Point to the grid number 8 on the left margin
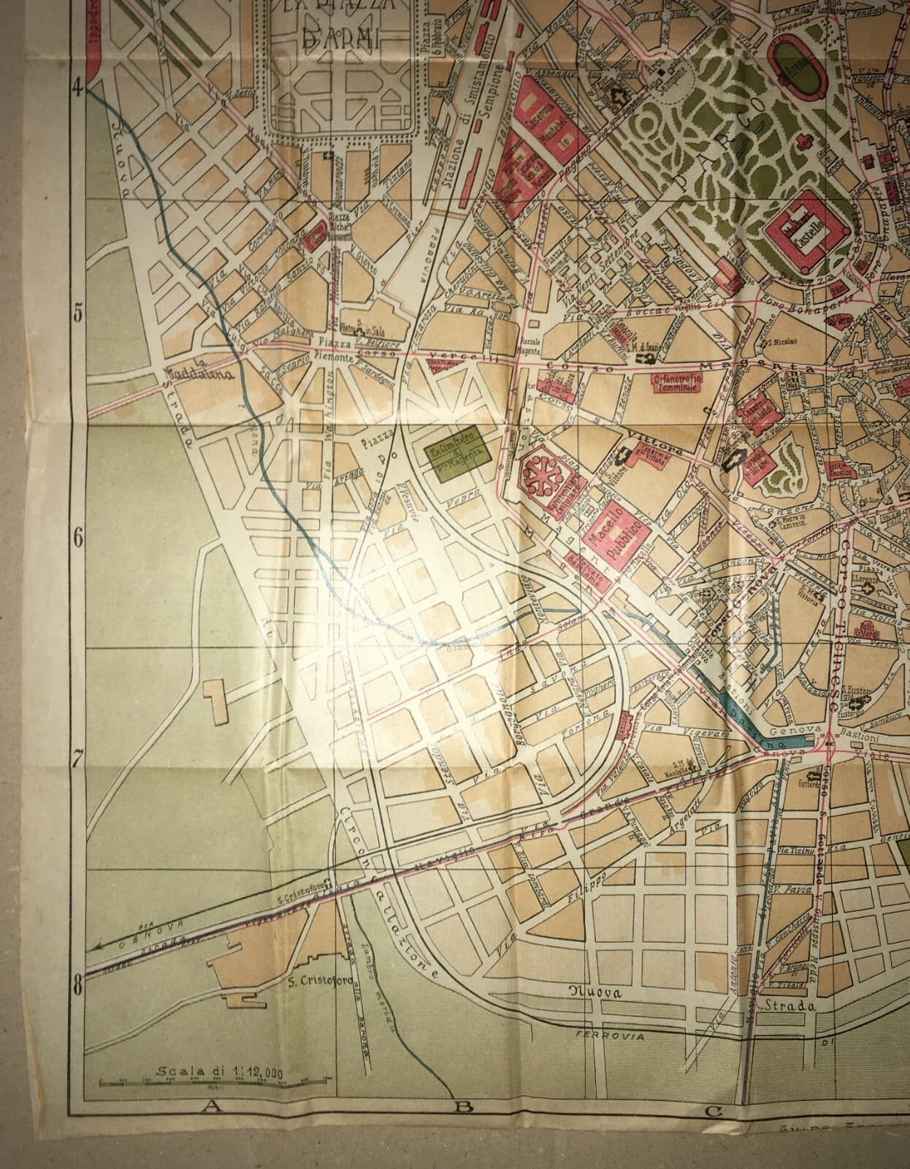click(76, 989)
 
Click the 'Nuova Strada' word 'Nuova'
click(596, 992)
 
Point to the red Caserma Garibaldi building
click(760, 410)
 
